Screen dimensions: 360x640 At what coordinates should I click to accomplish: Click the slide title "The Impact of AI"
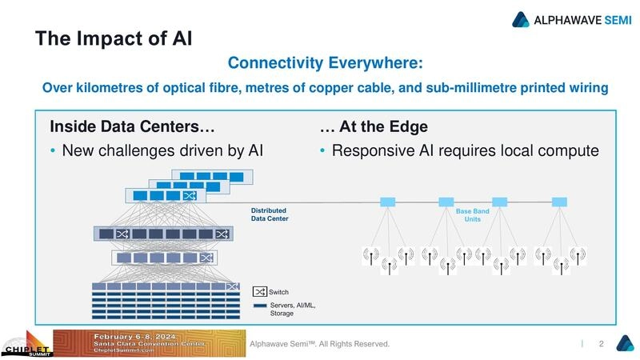[x=113, y=38]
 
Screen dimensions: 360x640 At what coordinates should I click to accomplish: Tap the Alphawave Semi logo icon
[x=522, y=19]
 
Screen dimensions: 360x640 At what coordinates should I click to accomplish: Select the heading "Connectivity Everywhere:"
[x=325, y=62]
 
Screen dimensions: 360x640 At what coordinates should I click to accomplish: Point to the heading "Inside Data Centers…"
[x=132, y=126]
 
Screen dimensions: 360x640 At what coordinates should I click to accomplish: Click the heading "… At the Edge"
[x=373, y=126]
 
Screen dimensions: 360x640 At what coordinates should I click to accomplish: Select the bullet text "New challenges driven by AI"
[x=162, y=150]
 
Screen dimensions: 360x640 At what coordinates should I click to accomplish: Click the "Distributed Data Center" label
[x=270, y=214]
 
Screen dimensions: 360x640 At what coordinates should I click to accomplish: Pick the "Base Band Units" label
[x=472, y=214]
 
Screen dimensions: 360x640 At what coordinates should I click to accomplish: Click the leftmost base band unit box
[x=388, y=202]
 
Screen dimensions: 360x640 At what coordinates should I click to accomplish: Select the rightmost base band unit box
[x=559, y=202]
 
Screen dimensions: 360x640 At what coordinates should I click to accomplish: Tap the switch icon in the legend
[x=260, y=292]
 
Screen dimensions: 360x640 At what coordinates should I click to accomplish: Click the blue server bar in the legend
[x=260, y=305]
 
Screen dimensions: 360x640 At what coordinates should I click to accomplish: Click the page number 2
[x=601, y=344]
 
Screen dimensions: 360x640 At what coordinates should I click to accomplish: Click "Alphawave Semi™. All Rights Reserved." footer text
[x=319, y=344]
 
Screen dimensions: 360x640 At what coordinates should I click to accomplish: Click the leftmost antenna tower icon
[x=370, y=256]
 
